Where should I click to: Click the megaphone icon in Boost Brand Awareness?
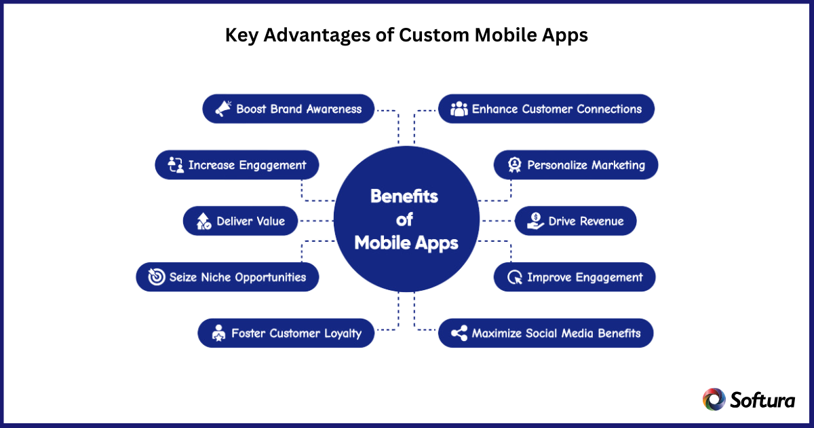pyautogui.click(x=222, y=109)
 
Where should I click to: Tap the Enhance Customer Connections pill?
pyautogui.click(x=546, y=109)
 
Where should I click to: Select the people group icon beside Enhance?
pyautogui.click(x=459, y=109)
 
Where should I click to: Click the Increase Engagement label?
pyautogui.click(x=247, y=165)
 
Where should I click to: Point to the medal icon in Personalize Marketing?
pyautogui.click(x=515, y=165)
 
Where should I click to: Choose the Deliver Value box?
pyautogui.click(x=240, y=221)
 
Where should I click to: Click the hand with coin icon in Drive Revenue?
pyautogui.click(x=535, y=221)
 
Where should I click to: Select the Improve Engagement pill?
pyautogui.click(x=575, y=277)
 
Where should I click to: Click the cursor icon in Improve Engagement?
pyautogui.click(x=515, y=277)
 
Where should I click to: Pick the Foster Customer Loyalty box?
pyautogui.click(x=286, y=334)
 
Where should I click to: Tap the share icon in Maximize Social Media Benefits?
pyautogui.click(x=459, y=334)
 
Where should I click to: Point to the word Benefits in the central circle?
pyautogui.click(x=404, y=197)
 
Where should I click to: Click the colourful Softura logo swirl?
pyautogui.click(x=714, y=399)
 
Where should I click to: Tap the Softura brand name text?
pyautogui.click(x=763, y=399)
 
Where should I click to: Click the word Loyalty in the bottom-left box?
pyautogui.click(x=338, y=334)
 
